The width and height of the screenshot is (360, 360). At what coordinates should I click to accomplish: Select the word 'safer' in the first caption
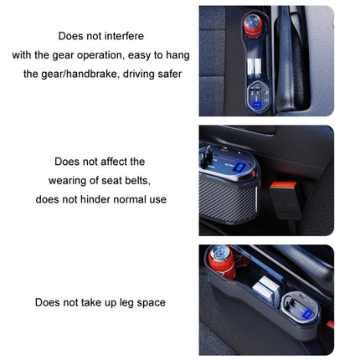coord(164,74)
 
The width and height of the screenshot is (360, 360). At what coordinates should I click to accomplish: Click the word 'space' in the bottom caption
coord(148,302)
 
